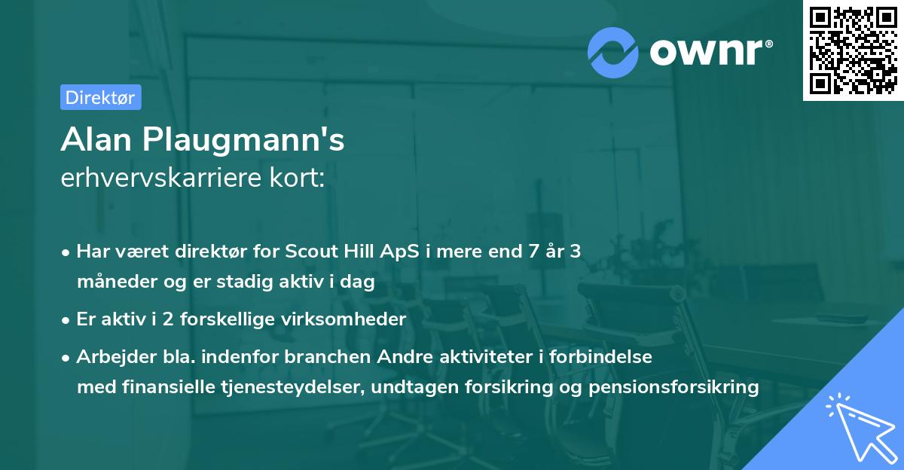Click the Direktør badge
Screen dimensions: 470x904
tap(100, 97)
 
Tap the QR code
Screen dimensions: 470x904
tap(853, 50)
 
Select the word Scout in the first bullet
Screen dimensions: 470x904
tap(310, 252)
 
